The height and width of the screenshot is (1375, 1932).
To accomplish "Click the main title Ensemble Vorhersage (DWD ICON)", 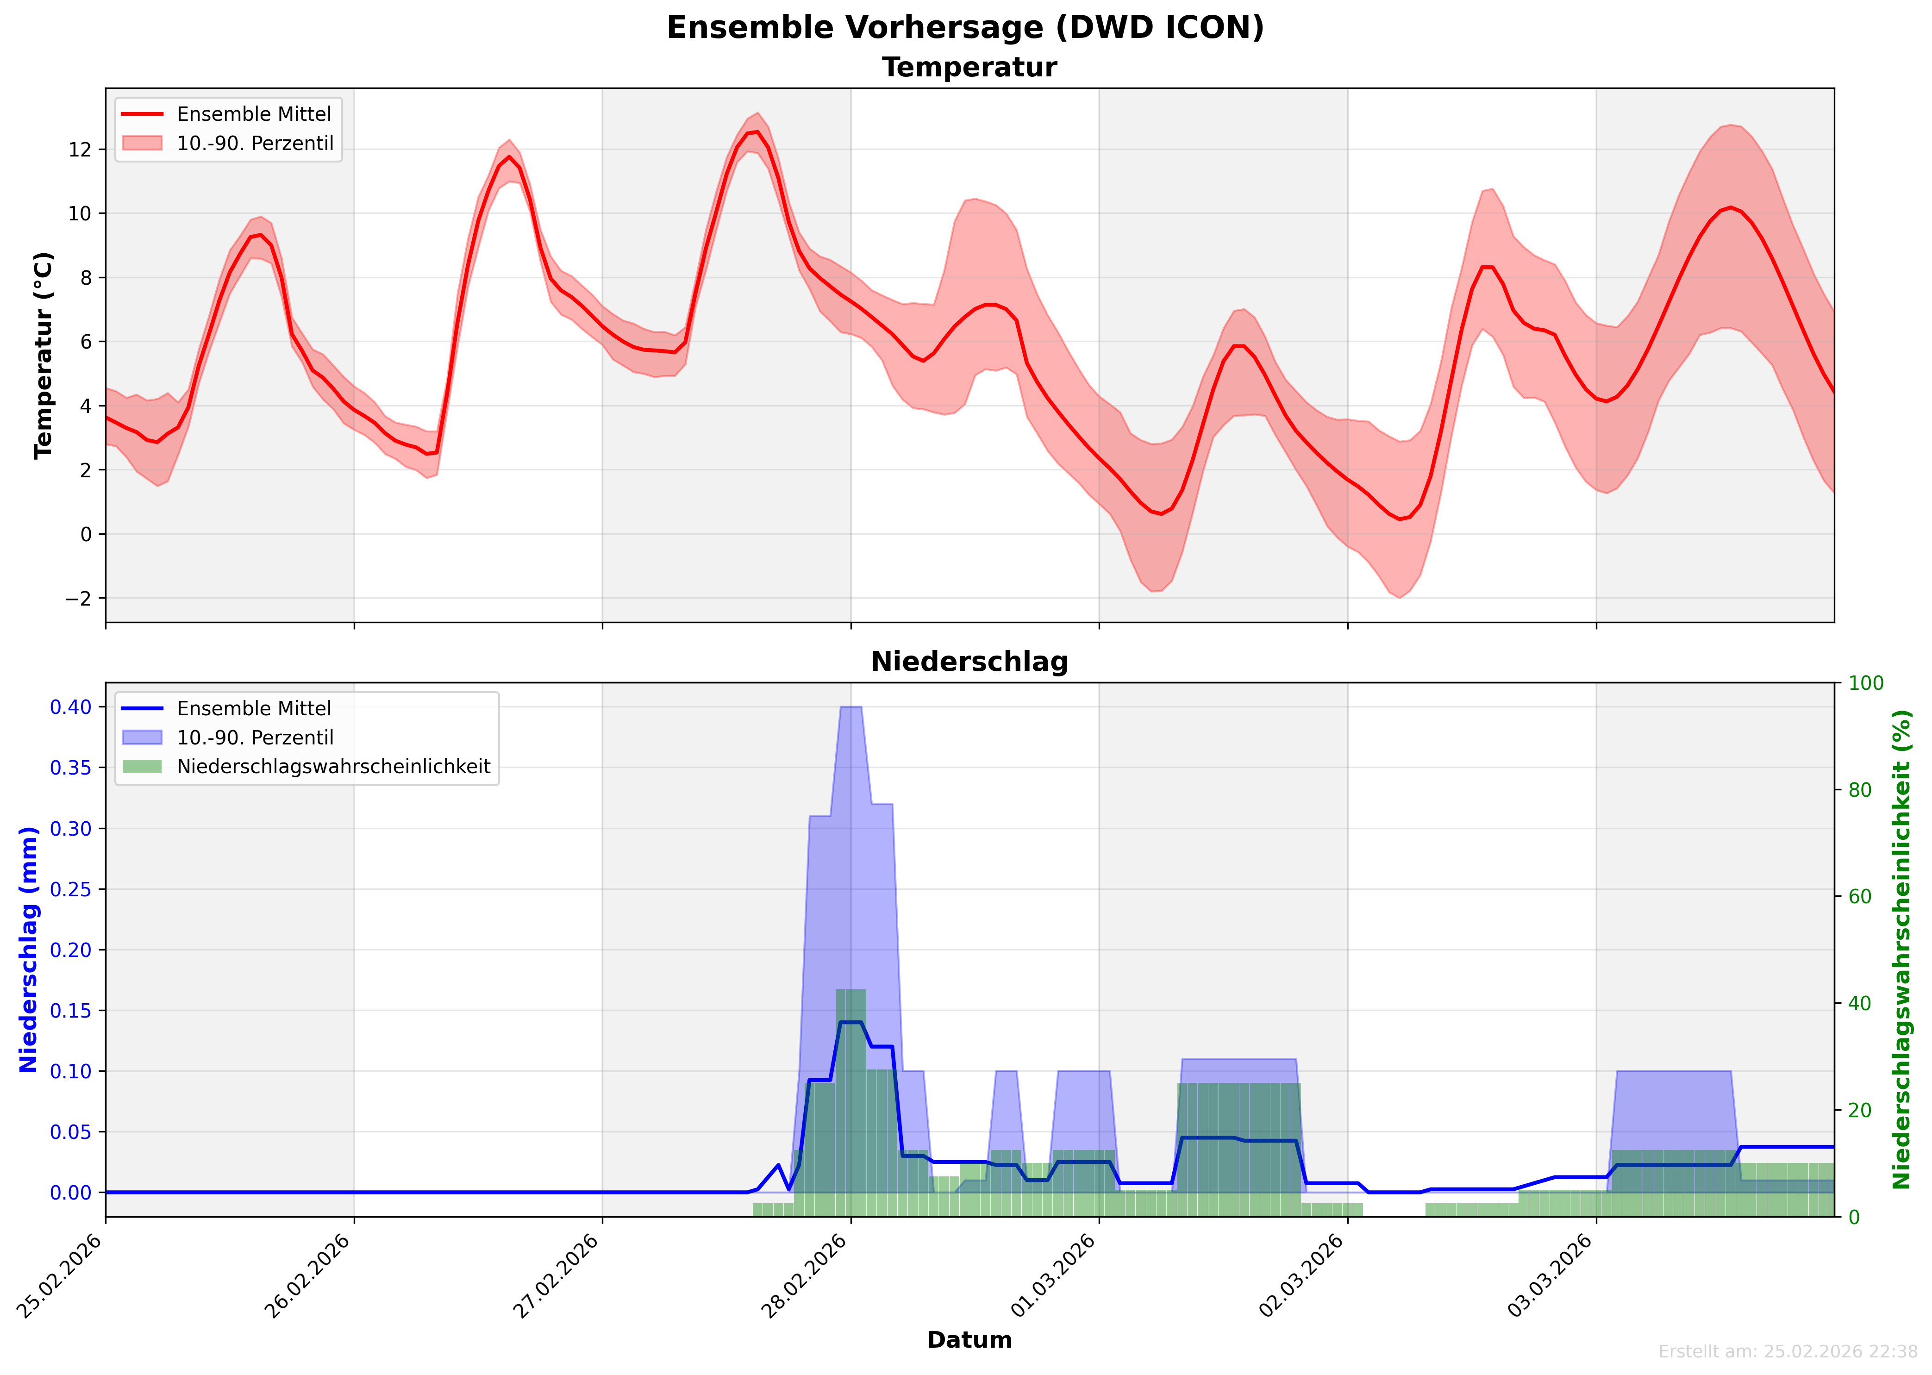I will [x=965, y=28].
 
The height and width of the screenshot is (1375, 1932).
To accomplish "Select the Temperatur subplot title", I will [x=969, y=68].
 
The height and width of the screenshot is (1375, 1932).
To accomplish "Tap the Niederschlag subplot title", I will [x=969, y=662].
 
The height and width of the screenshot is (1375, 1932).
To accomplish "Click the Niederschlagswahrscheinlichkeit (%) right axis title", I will [x=1901, y=950].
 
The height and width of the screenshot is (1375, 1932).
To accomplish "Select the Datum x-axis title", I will [x=969, y=1340].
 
